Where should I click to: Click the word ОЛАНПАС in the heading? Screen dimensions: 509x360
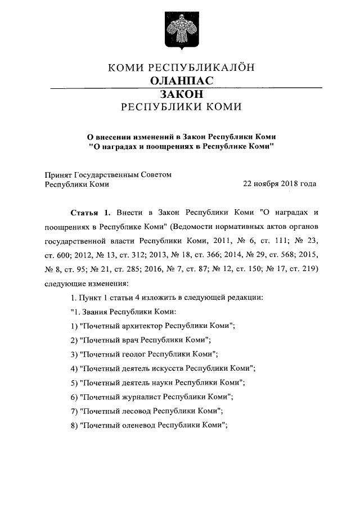181,82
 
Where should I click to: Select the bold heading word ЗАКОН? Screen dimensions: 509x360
180,94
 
